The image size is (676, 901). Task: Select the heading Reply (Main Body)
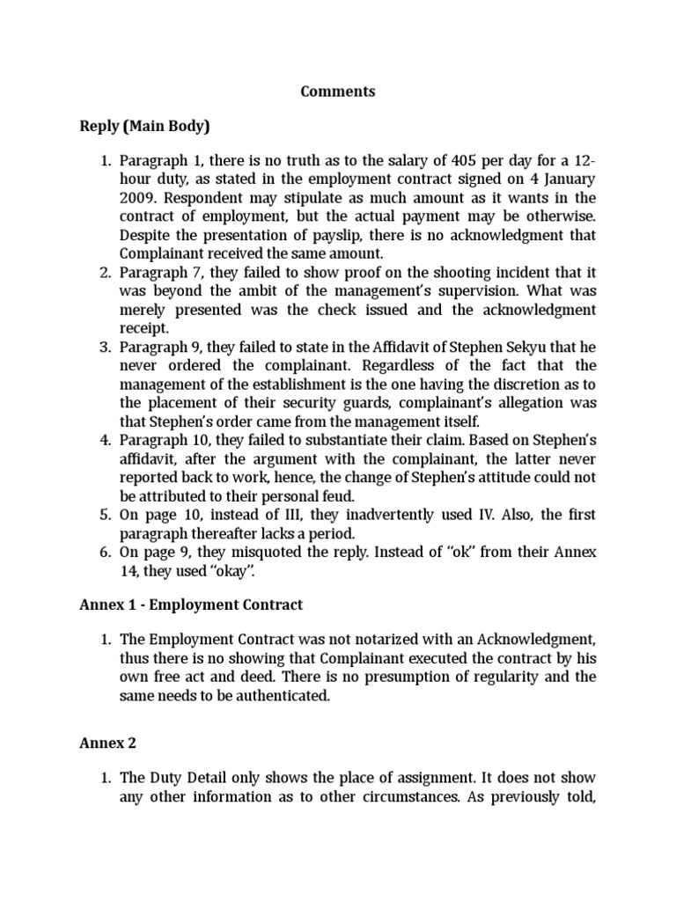145,127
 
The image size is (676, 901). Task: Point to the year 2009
137,198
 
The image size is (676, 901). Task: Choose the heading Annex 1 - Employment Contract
191,604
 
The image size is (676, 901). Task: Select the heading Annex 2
107,743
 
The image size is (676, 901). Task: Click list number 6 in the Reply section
105,552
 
